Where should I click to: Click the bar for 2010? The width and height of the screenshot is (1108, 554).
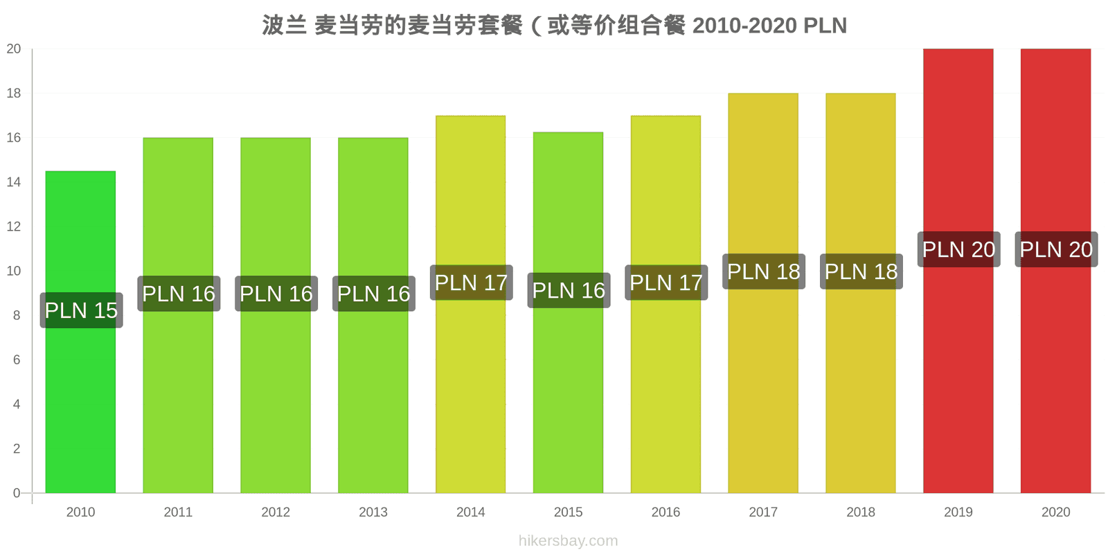(x=80, y=332)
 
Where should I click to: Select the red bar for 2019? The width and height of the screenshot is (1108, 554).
(x=958, y=271)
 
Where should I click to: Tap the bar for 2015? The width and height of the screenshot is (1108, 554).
(x=568, y=312)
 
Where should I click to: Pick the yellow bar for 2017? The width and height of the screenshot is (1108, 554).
(x=763, y=293)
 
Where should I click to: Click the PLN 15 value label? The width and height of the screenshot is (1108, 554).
(x=81, y=310)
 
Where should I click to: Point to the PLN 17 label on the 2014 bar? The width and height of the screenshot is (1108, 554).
(x=471, y=283)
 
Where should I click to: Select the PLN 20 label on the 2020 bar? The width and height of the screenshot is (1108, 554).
(x=1056, y=249)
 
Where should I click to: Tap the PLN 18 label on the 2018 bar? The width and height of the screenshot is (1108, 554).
(x=861, y=271)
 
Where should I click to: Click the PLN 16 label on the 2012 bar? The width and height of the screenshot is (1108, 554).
(x=276, y=294)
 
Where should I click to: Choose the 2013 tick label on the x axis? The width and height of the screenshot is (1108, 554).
(x=373, y=512)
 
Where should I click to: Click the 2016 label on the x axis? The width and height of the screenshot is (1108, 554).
(x=665, y=512)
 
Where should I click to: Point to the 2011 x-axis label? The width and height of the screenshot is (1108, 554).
(x=178, y=512)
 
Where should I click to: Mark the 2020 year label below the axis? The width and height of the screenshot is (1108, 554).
(x=1055, y=512)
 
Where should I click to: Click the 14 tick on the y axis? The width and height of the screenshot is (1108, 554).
(x=14, y=182)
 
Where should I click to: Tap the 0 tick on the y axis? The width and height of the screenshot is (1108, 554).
(x=17, y=492)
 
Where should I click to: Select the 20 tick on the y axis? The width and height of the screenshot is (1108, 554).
(x=14, y=48)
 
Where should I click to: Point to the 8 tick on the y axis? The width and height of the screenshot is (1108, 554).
(x=17, y=315)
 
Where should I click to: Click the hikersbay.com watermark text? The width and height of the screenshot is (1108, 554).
(x=568, y=541)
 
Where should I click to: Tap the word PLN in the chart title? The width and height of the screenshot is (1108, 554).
(x=825, y=26)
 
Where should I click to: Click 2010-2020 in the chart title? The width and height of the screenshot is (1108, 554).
(x=745, y=26)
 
